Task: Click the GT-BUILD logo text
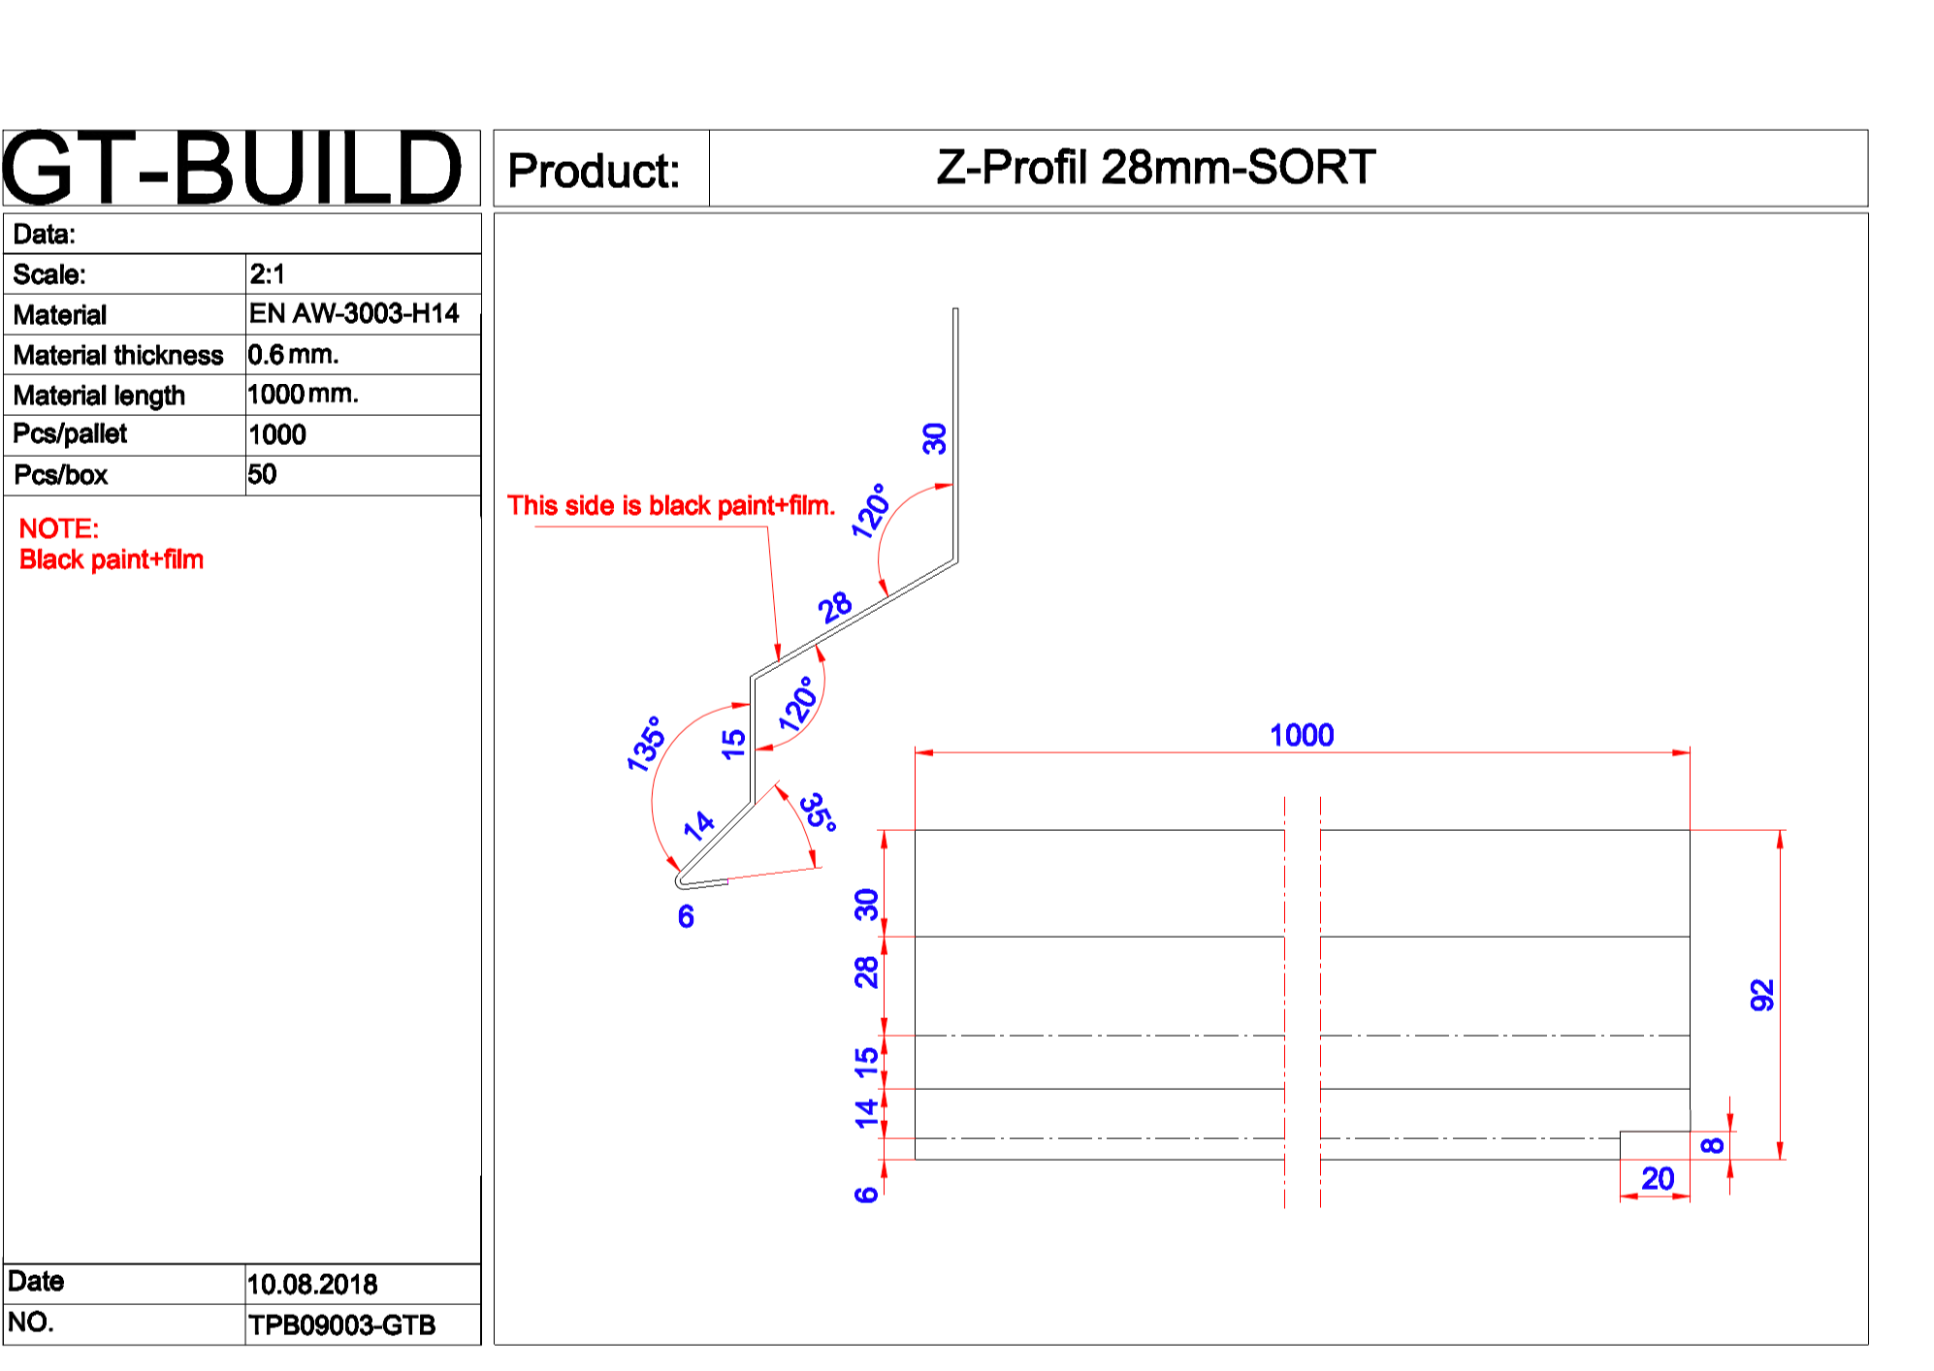tap(233, 169)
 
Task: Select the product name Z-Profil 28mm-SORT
tap(1155, 167)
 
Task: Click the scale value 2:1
tap(267, 274)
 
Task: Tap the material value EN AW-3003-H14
tap(354, 313)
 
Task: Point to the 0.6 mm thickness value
tap(293, 355)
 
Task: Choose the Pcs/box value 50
tap(262, 474)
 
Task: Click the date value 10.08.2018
tap(311, 1285)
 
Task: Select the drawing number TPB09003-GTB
tap(341, 1325)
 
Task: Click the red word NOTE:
tap(59, 528)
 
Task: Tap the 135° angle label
tap(646, 744)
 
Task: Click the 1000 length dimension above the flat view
tap(1302, 735)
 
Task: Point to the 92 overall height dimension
tap(1762, 995)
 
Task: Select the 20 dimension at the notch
tap(1658, 1179)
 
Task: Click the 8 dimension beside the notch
tap(1713, 1145)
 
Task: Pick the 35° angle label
tap(819, 812)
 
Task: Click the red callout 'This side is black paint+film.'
tap(671, 505)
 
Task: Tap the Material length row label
tap(99, 396)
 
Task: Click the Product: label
tap(594, 171)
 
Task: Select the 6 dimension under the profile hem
tap(686, 916)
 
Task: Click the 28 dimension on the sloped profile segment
tap(835, 608)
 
